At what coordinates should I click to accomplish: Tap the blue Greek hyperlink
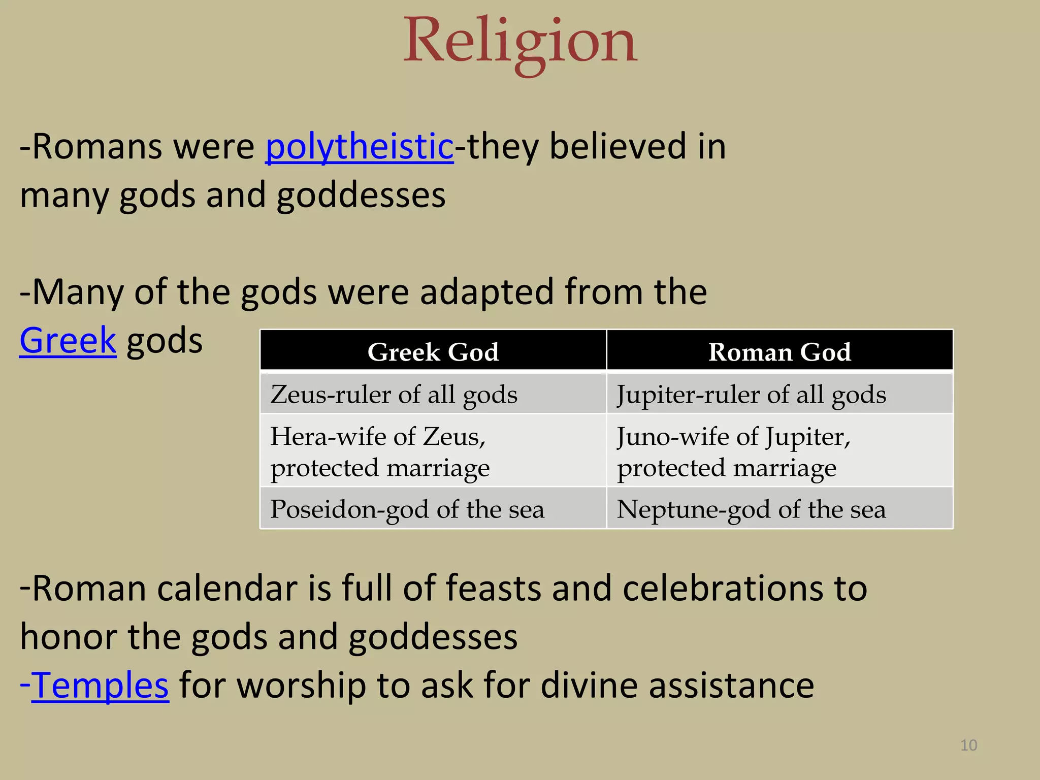pyautogui.click(x=68, y=341)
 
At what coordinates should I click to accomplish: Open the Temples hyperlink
pyautogui.click(x=100, y=686)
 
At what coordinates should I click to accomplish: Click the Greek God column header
pyautogui.click(x=433, y=351)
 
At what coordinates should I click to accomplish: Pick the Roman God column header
pyautogui.click(x=779, y=351)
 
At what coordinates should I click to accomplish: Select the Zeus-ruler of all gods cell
pyautogui.click(x=394, y=395)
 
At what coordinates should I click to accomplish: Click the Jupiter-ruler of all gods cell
pyautogui.click(x=751, y=395)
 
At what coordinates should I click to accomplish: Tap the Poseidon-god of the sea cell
pyautogui.click(x=407, y=509)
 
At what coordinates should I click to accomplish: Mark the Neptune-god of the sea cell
pyautogui.click(x=751, y=509)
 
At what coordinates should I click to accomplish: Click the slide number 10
pyautogui.click(x=968, y=745)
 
